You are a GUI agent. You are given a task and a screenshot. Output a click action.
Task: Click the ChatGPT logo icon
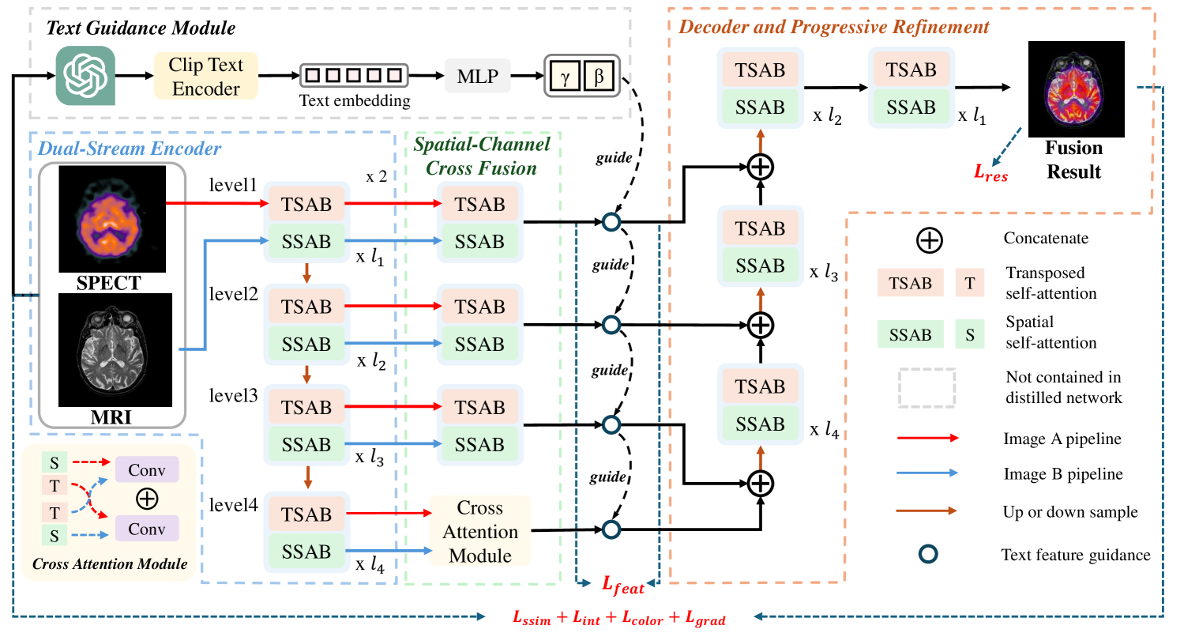coord(85,76)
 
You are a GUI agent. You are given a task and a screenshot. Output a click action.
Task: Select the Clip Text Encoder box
coord(206,77)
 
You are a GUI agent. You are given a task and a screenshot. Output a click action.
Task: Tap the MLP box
coord(478,76)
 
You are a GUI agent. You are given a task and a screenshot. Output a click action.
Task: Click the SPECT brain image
coord(112,220)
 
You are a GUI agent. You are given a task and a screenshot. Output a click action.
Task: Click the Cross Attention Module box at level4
coord(480,531)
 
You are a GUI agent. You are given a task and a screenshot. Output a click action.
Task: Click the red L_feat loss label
coord(623,586)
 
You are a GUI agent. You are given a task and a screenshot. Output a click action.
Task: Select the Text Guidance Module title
coord(141,29)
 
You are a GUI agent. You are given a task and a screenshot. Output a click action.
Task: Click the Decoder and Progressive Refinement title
coord(834,27)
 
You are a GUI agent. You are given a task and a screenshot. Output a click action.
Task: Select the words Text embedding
coord(355,100)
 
